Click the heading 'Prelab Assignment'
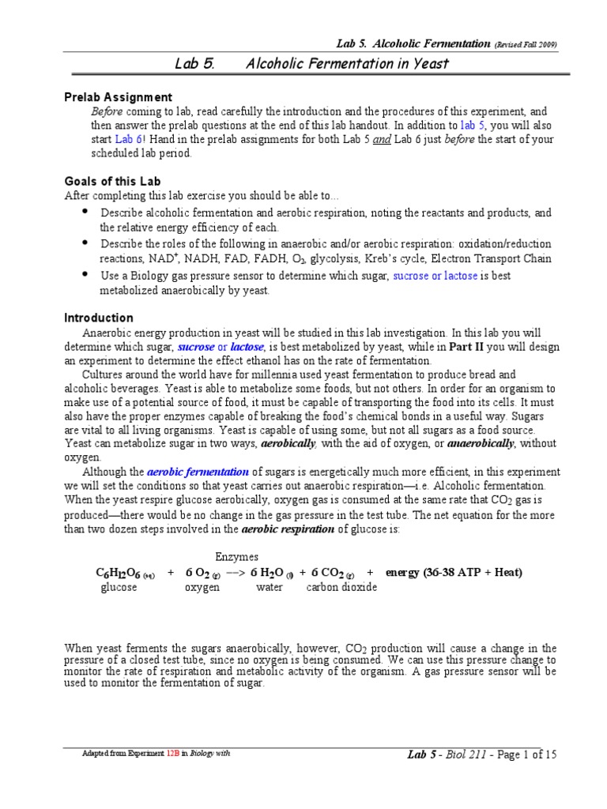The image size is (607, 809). pos(118,97)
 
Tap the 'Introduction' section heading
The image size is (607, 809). pos(99,318)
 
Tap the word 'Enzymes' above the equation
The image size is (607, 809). pos(236,557)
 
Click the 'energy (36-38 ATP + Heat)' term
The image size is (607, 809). pos(454,572)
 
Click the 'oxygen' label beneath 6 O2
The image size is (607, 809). pos(202,588)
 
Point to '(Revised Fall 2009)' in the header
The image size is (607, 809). pos(526,45)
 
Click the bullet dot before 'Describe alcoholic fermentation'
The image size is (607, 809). pos(85,213)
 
